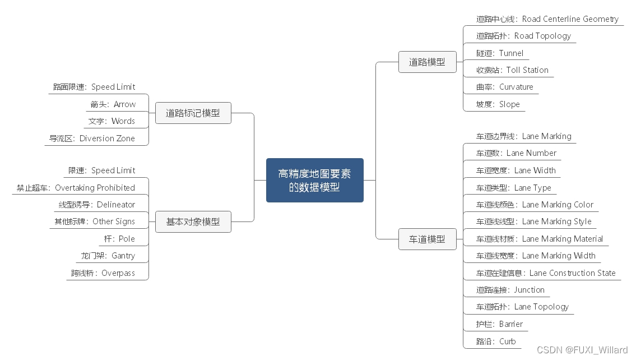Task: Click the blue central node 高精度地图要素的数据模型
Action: [314, 180]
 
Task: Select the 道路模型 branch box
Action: [427, 62]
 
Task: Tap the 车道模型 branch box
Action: [427, 239]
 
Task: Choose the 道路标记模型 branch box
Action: [193, 113]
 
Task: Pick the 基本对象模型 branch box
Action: [193, 221]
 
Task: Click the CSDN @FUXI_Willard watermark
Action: [582, 350]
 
